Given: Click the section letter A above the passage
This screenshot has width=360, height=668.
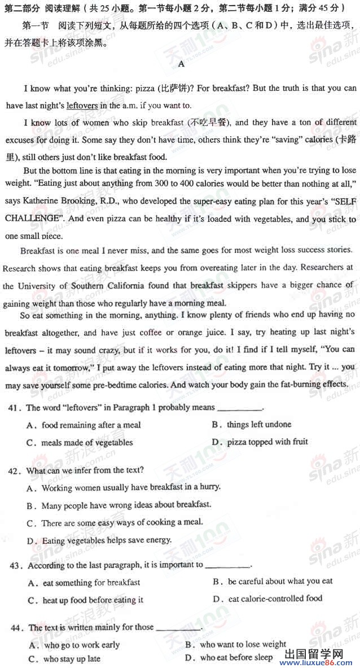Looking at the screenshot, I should [181, 64].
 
